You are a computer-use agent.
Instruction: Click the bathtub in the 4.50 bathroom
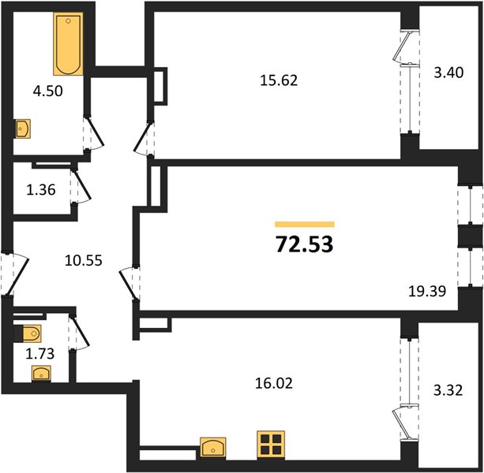tap(68, 44)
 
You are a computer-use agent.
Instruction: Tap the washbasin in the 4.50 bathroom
tap(23, 128)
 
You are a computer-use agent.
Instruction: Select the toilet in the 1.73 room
tap(28, 333)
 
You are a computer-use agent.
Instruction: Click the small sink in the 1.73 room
tap(41, 374)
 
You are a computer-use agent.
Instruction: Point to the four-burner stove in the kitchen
tap(271, 445)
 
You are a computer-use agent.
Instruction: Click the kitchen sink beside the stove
tap(213, 447)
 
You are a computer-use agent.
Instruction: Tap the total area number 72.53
tap(304, 244)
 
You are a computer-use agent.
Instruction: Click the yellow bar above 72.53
tap(305, 224)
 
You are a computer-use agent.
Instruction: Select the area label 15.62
tap(279, 80)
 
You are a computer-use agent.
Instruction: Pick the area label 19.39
tap(427, 291)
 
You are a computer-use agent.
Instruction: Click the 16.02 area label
tap(274, 384)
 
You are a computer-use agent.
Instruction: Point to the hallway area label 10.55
tap(84, 261)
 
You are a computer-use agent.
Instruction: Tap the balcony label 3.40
tap(448, 73)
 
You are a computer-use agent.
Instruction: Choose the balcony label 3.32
tap(448, 390)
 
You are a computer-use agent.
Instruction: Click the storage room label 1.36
tap(41, 189)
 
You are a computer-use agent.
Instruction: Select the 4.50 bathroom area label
tap(48, 91)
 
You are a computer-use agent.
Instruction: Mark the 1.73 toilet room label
tap(39, 354)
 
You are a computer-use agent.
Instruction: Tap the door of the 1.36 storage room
tap(83, 184)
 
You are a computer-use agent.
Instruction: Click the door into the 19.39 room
tap(127, 283)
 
